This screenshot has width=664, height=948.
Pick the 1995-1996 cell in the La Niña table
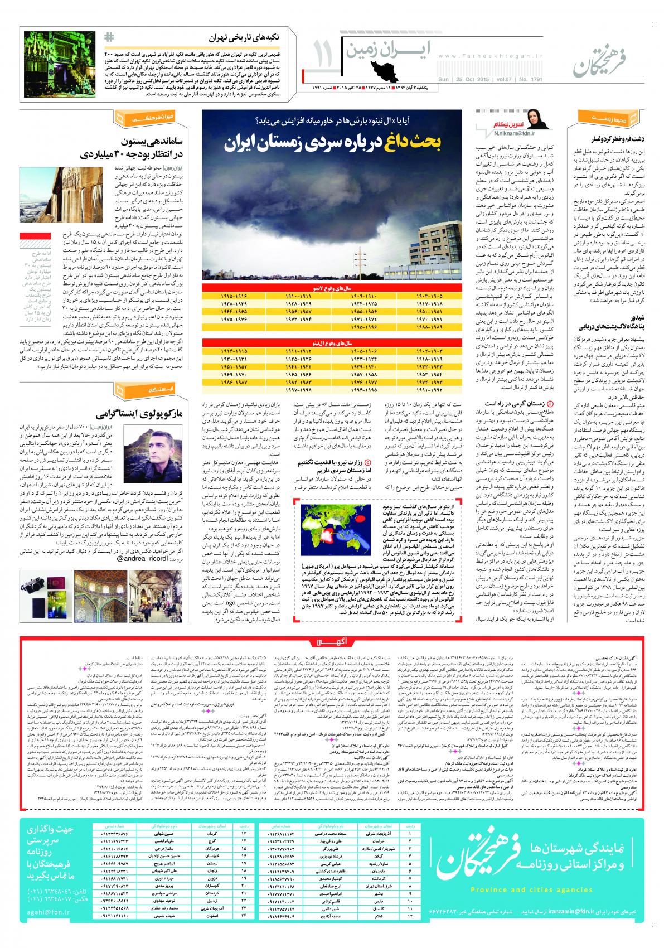coord(333,326)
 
